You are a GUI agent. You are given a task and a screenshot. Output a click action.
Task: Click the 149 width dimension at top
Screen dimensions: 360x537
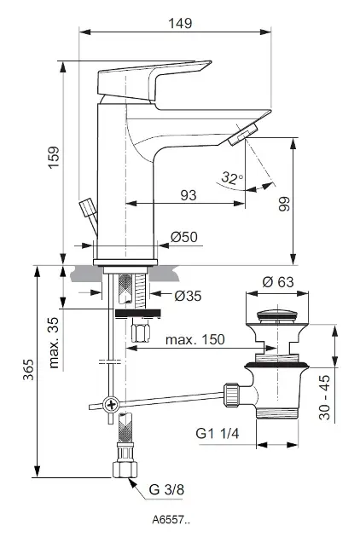[180, 23]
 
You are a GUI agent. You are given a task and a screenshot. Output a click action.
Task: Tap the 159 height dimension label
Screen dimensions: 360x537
[55, 157]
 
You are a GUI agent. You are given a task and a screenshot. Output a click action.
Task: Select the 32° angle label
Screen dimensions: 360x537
[232, 178]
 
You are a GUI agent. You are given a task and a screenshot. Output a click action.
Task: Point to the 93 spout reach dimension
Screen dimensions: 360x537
[189, 195]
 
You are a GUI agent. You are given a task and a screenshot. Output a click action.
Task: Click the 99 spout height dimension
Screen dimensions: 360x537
[284, 204]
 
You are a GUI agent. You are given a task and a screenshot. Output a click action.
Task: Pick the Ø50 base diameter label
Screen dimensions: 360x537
[184, 237]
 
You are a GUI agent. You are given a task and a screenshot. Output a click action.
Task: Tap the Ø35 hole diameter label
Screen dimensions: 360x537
[188, 296]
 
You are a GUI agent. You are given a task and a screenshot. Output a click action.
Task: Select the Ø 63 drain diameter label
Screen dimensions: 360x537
[278, 282]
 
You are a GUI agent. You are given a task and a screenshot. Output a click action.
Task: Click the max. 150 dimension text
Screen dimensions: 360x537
[195, 339]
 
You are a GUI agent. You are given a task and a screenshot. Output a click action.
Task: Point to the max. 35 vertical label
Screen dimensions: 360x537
[55, 343]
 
